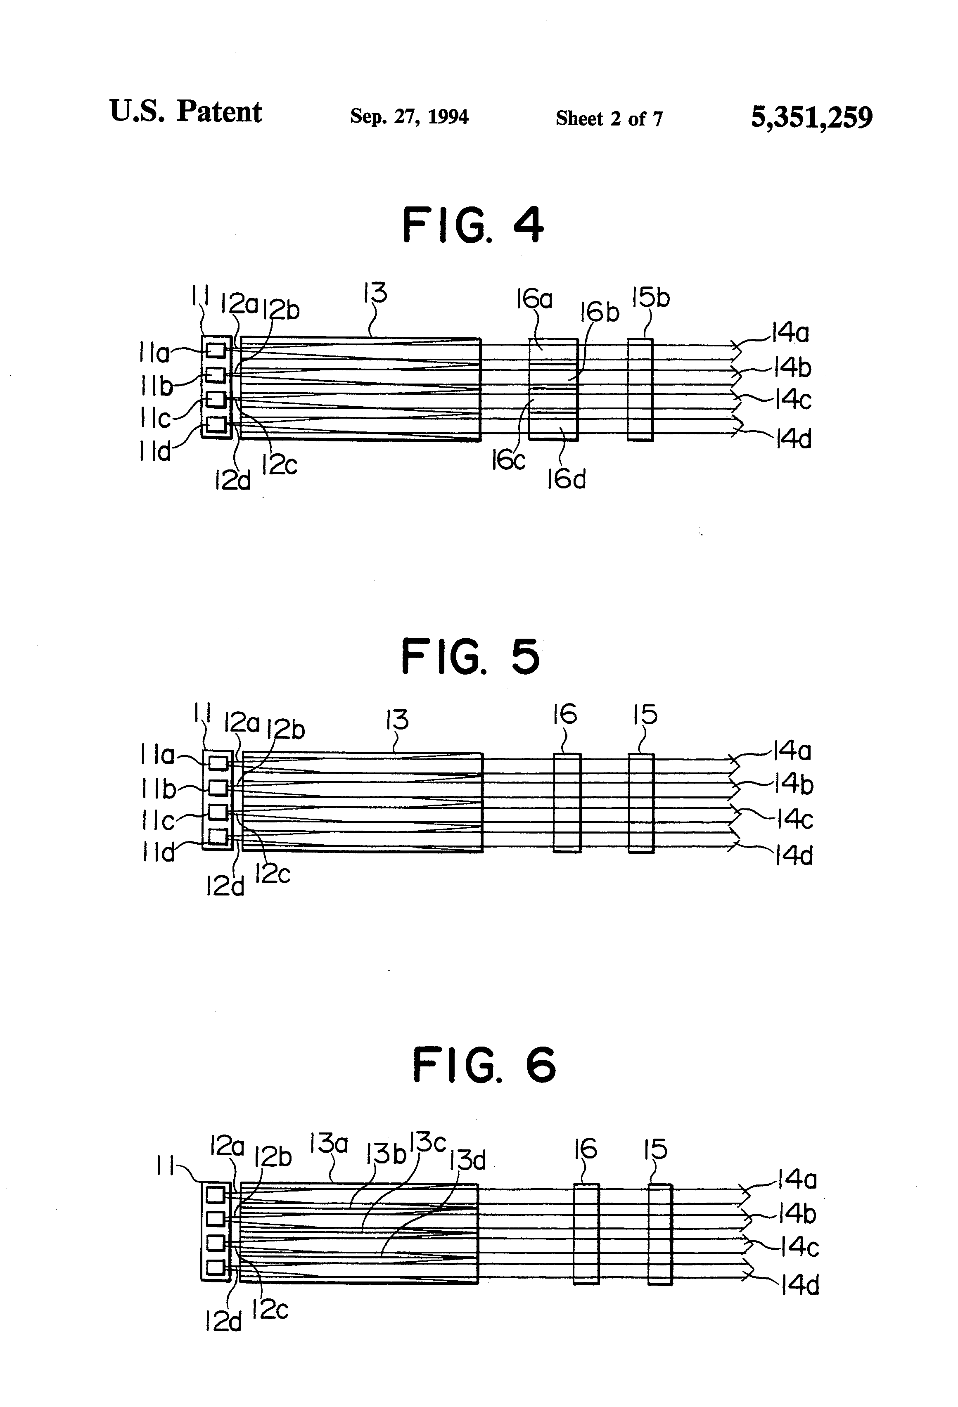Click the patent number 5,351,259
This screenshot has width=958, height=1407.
click(x=811, y=117)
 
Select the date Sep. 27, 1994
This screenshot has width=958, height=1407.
click(x=409, y=116)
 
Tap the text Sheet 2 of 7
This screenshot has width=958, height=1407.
click(x=609, y=118)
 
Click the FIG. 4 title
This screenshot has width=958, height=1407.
click(x=473, y=225)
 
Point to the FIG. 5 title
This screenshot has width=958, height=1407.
click(x=470, y=657)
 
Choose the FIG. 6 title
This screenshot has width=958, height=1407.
click(x=484, y=1082)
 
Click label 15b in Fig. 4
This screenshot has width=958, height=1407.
click(x=650, y=298)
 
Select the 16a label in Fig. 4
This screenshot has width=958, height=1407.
click(x=534, y=299)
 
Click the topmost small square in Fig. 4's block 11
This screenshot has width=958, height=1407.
click(x=216, y=350)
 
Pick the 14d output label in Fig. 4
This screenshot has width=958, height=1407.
click(x=793, y=438)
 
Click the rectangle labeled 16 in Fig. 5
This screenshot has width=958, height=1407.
click(x=567, y=803)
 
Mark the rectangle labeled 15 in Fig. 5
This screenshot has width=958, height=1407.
click(x=641, y=803)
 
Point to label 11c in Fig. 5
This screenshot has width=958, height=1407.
click(x=158, y=821)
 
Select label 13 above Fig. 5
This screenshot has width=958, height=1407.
click(x=397, y=720)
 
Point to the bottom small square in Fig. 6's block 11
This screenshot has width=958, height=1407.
click(x=216, y=1267)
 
